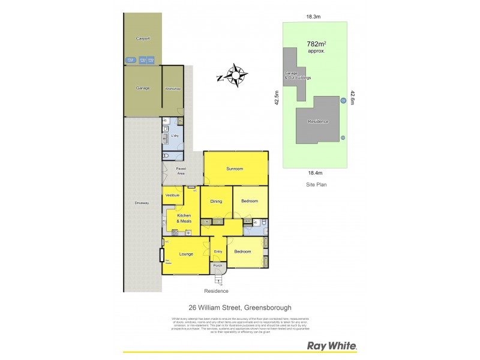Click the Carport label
pos(142,38)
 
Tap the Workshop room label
pos(173,89)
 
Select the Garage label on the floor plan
pos(142,88)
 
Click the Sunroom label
pos(235,169)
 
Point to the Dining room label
pos(216,201)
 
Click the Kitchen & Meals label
pos(184,217)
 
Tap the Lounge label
pos(185,254)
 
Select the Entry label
pos(218,252)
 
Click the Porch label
pos(218,265)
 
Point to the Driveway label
pos(142,203)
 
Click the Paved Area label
pos(181,170)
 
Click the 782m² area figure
pos(316,44)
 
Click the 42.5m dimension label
pos(277,97)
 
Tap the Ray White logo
pos(332,346)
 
